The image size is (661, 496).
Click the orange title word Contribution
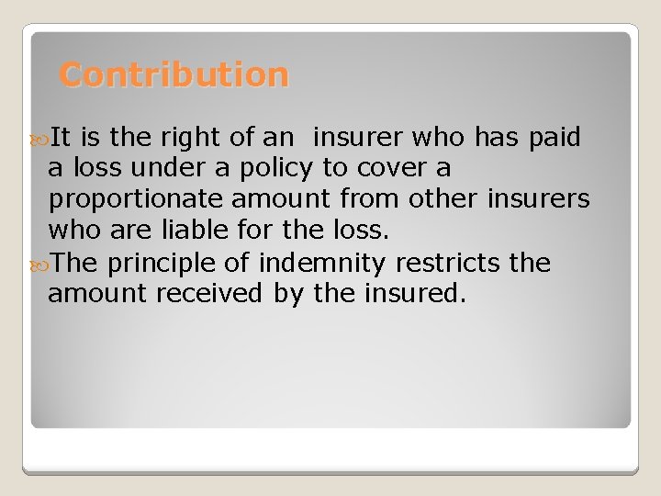tap(174, 74)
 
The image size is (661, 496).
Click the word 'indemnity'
tap(322, 264)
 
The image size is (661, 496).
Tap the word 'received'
tap(216, 294)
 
